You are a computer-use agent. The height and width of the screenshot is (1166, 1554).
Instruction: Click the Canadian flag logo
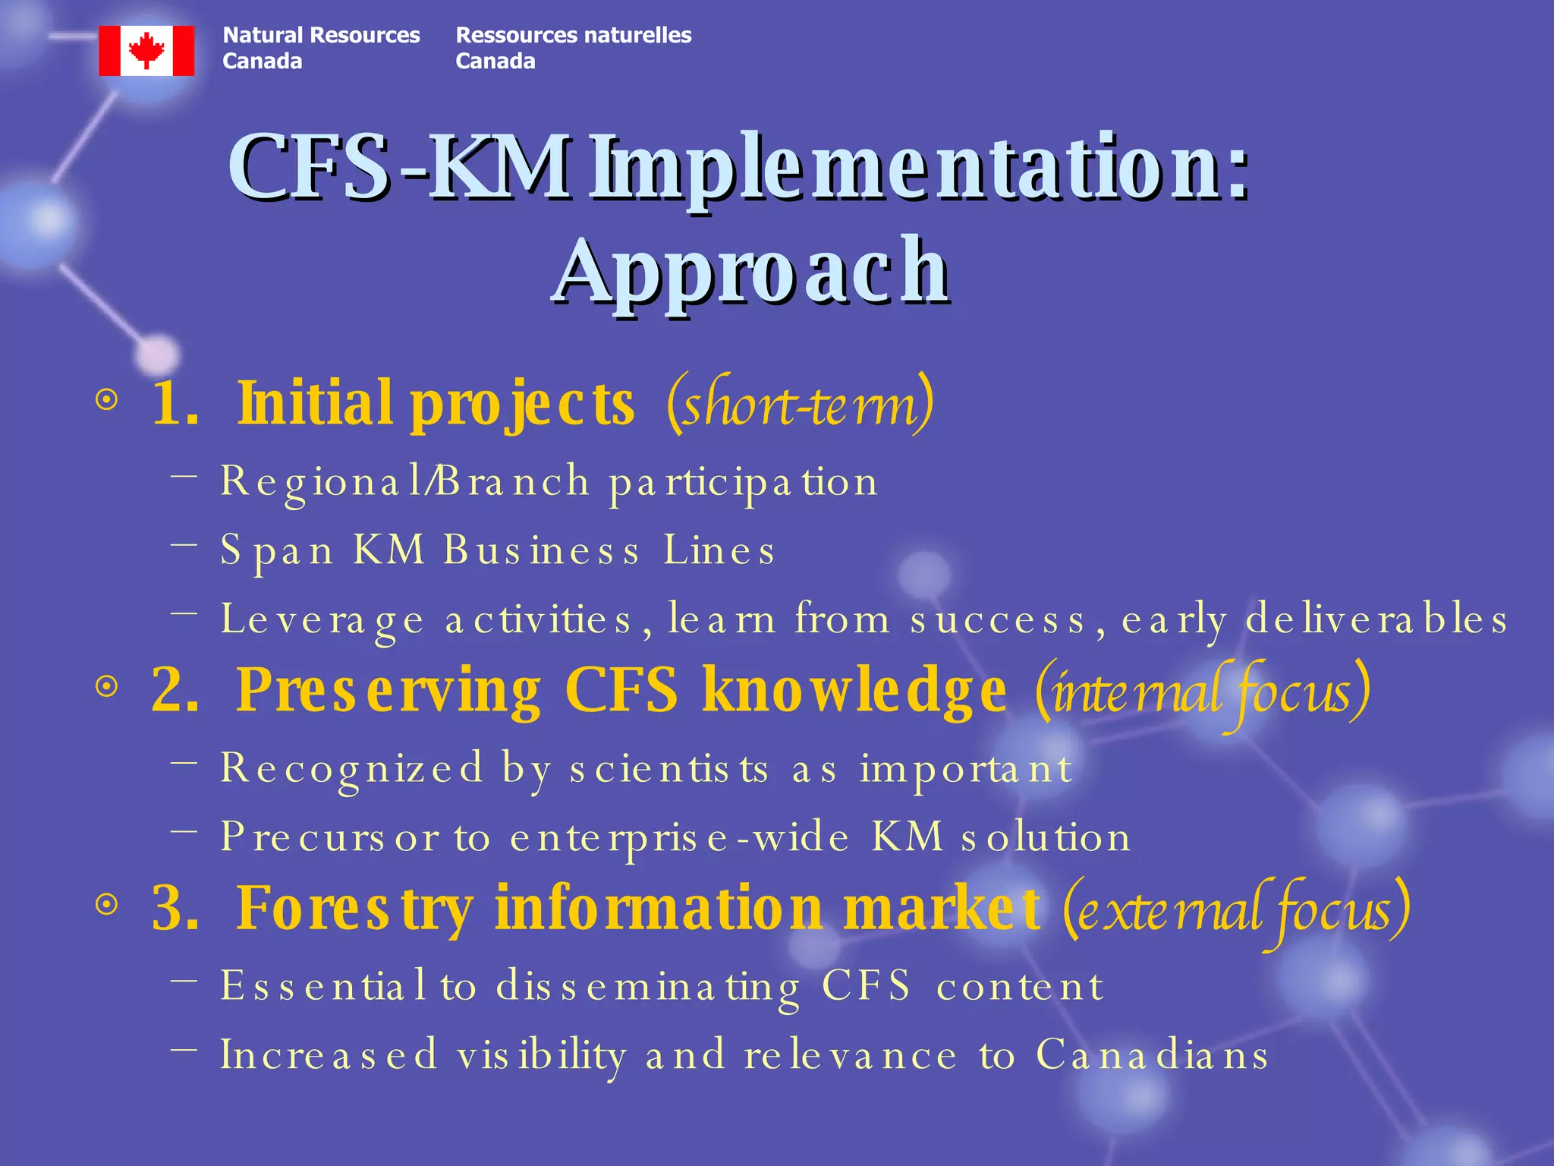click(x=146, y=50)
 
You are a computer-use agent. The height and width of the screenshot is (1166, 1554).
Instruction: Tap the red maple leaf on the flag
click(x=146, y=50)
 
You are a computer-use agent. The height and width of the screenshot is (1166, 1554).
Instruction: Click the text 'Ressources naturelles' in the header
click(x=573, y=35)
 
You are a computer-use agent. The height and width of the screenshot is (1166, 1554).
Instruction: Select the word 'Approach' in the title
click(x=751, y=269)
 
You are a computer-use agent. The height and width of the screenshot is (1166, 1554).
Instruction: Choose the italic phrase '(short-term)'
click(x=800, y=404)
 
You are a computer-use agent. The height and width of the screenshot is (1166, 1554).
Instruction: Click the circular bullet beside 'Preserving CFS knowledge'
click(x=107, y=687)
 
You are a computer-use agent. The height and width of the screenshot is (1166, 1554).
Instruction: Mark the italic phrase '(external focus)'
click(x=1237, y=909)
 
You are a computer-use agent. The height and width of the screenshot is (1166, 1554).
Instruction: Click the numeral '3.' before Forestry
click(x=175, y=907)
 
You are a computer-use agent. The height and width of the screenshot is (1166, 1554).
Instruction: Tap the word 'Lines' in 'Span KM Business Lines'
click(x=719, y=550)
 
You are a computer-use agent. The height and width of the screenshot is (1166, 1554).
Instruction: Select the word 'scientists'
click(x=669, y=768)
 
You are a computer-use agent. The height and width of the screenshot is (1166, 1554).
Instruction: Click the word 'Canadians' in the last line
click(x=1152, y=1055)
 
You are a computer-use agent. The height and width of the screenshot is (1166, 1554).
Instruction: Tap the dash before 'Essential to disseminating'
click(x=184, y=980)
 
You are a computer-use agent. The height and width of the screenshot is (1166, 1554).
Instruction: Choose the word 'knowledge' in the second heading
click(x=854, y=689)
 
